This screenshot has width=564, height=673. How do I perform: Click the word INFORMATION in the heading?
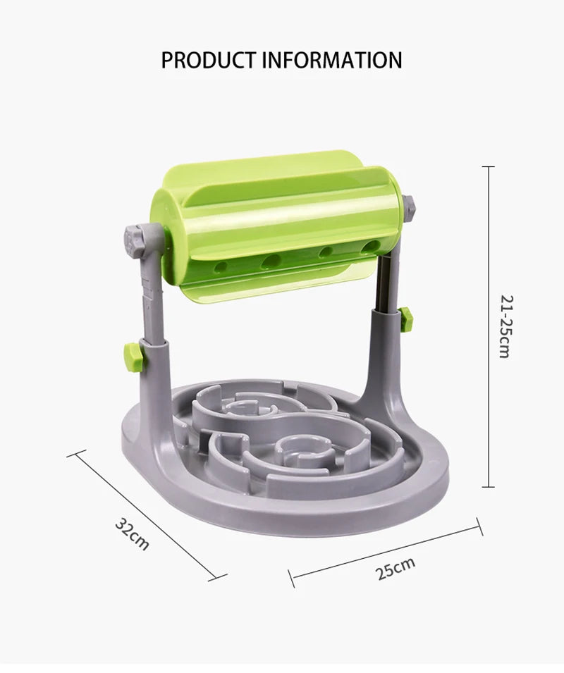pyautogui.click(x=332, y=60)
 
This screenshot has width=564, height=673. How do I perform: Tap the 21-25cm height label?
pyautogui.click(x=503, y=326)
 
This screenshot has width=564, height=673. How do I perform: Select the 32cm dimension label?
pyautogui.click(x=133, y=534)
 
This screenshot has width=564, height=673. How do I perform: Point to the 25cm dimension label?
pyautogui.click(x=396, y=567)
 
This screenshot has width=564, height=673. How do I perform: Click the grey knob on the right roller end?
pyautogui.click(x=408, y=209)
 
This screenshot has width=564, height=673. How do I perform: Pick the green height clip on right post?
pyautogui.click(x=405, y=319)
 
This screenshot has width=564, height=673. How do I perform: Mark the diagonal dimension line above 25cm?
pyautogui.click(x=386, y=552)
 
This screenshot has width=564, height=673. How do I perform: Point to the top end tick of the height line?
pyautogui.click(x=487, y=167)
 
